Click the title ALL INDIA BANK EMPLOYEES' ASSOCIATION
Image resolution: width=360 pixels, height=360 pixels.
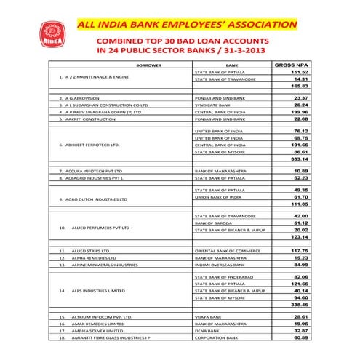pyautogui.click(x=187, y=26)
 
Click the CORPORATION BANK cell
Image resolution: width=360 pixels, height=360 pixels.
pyautogui.click(x=217, y=339)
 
